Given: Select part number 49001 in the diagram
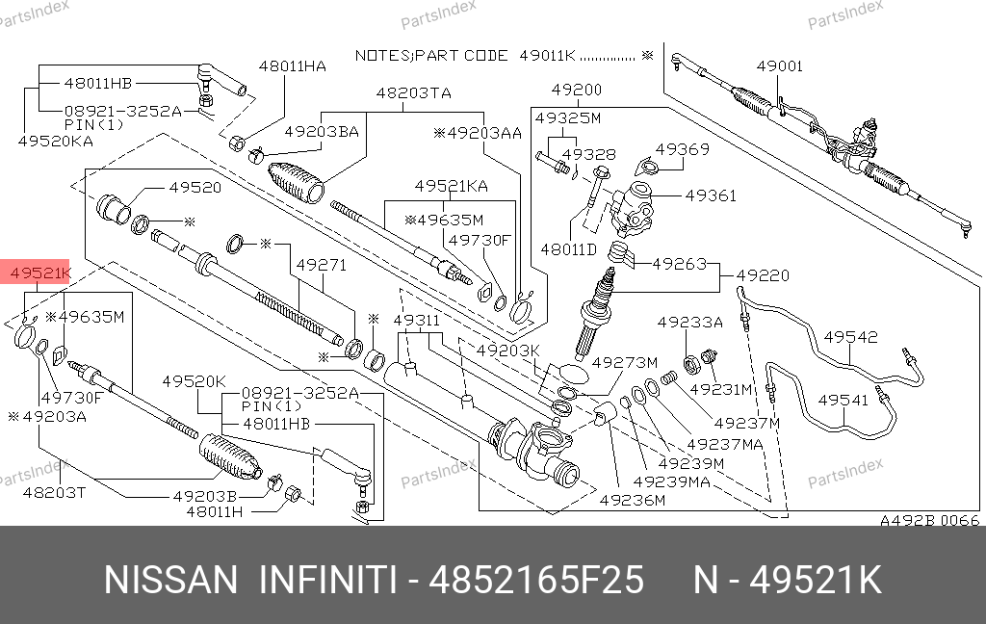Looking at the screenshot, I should coord(779,66).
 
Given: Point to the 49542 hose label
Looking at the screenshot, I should coord(851,337).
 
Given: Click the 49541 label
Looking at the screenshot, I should coord(843,399).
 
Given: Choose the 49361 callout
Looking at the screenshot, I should coord(711,195).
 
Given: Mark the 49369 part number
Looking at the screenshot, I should coord(683,149).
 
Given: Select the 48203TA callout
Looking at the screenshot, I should coord(413,93).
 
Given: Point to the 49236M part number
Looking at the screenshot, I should coord(632,500).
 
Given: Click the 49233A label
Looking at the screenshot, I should coord(689,323).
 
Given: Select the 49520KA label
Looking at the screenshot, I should coord(55,141).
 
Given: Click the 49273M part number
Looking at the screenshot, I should coord(624,363).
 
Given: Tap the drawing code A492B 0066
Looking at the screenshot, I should coord(930,521).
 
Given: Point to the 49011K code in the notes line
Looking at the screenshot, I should coord(547,55).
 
